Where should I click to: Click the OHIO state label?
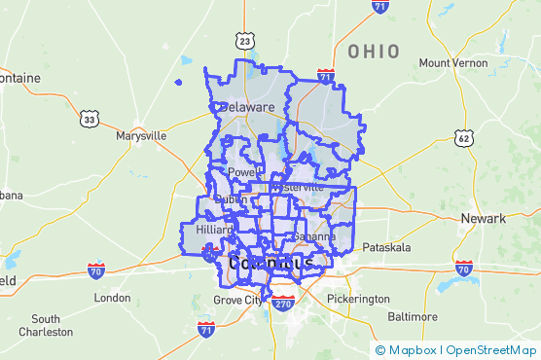pyautogui.click(x=374, y=51)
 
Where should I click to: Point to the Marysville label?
pyautogui.click(x=141, y=136)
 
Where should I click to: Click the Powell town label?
pyautogui.click(x=240, y=173)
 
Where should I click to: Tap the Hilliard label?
pyautogui.click(x=214, y=230)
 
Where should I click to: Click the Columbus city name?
pyautogui.click(x=271, y=264)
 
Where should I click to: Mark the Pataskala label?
pyautogui.click(x=388, y=248)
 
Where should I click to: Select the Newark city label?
pyautogui.click(x=484, y=219)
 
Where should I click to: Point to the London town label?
pyautogui.click(x=112, y=298)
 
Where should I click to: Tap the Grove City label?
pyautogui.click(x=238, y=301)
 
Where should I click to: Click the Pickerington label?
pyautogui.click(x=358, y=299)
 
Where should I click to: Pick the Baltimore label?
pyautogui.click(x=412, y=317)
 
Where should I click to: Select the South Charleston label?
pyautogui.click(x=46, y=325)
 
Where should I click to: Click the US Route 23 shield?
pyautogui.click(x=244, y=40)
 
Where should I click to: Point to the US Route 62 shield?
pyautogui.click(x=464, y=139)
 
